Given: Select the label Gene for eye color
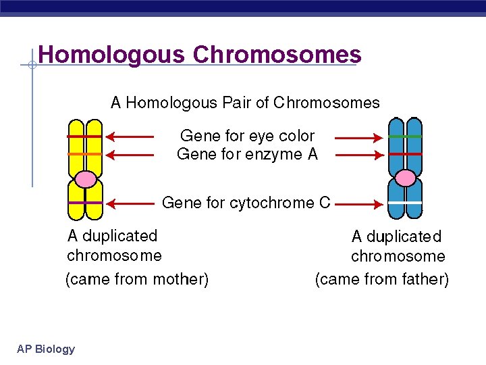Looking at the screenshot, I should coord(247,136).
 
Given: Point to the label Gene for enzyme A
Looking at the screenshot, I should coord(247,154).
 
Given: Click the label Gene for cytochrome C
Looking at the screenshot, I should coord(246,203).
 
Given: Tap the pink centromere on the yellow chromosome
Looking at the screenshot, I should coord(86,178).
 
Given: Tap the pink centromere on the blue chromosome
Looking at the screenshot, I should coord(405,178).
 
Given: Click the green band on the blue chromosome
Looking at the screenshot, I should coord(405,137).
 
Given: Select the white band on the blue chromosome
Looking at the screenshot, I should coord(405,203).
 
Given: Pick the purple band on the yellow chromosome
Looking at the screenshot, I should coord(85,203).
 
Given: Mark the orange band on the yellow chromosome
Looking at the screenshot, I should coord(85,154).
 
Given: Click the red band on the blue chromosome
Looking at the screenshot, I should coord(405,154).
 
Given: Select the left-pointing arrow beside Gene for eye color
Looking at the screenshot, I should coord(130,137).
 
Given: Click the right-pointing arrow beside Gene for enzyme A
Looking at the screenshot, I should coord(358,155).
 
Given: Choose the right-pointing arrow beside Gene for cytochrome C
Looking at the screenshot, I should coord(358,203).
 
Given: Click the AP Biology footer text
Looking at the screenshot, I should coord(46,349).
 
